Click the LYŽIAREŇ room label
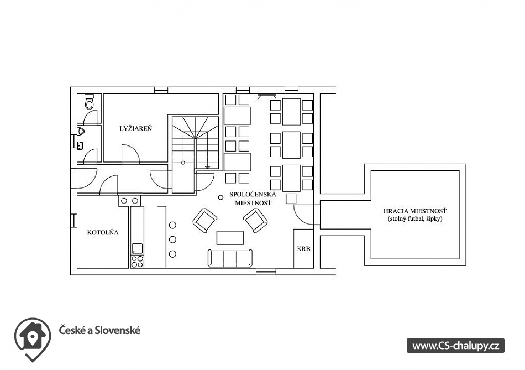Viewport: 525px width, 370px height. (x=136, y=128)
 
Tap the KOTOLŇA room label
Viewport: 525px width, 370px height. (x=103, y=233)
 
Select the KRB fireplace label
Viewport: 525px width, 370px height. (x=303, y=249)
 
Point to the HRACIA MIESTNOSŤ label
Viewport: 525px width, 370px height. (x=416, y=211)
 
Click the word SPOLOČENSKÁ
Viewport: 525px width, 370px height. (x=253, y=194)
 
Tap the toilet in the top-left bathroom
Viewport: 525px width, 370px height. (x=90, y=103)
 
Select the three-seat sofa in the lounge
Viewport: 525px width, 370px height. (x=230, y=258)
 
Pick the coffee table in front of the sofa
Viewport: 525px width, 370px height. (x=230, y=237)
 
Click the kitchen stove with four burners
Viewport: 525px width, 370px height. (x=136, y=260)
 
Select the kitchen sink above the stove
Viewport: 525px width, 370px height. (x=136, y=248)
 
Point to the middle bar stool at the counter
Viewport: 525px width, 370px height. (x=172, y=239)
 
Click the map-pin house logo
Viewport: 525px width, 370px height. (x=33, y=339)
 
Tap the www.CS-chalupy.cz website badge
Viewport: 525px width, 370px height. (x=456, y=346)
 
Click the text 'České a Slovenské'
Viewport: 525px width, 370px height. (x=100, y=330)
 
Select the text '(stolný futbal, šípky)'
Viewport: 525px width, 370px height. (x=416, y=219)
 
